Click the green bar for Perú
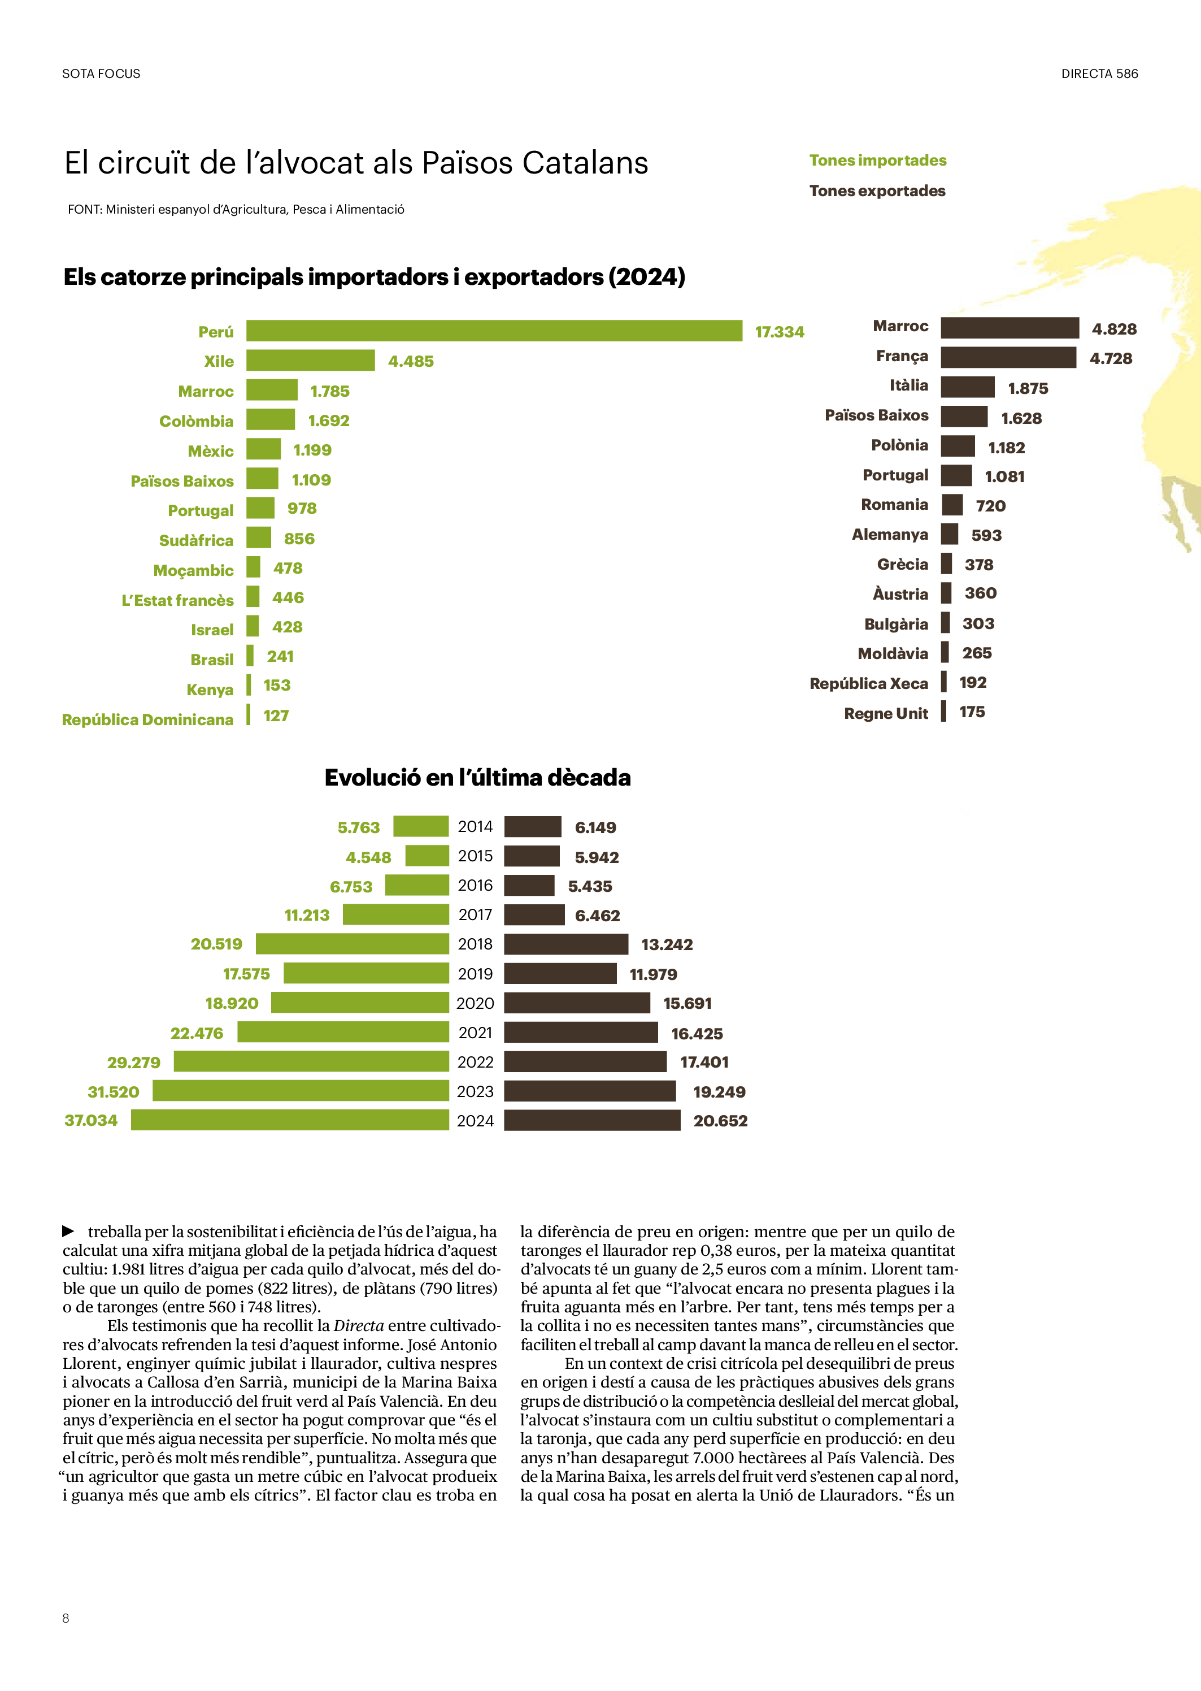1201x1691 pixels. [494, 331]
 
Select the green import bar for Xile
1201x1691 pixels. [311, 360]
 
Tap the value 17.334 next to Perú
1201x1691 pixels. [780, 332]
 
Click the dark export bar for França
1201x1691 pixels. [1008, 357]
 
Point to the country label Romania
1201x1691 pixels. [894, 505]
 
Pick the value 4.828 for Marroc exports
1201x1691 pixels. [1114, 329]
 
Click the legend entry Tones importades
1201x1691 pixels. [877, 161]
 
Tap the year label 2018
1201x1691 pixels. [475, 944]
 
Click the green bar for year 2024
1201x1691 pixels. [290, 1120]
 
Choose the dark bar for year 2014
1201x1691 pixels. [533, 826]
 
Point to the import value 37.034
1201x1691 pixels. [91, 1121]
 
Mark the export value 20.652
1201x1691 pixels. [720, 1121]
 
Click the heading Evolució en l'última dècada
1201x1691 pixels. [477, 778]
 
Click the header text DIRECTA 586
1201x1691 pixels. [1099, 74]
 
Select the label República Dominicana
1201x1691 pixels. [148, 719]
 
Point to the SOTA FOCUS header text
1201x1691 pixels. [101, 74]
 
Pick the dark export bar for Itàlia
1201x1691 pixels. [967, 387]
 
